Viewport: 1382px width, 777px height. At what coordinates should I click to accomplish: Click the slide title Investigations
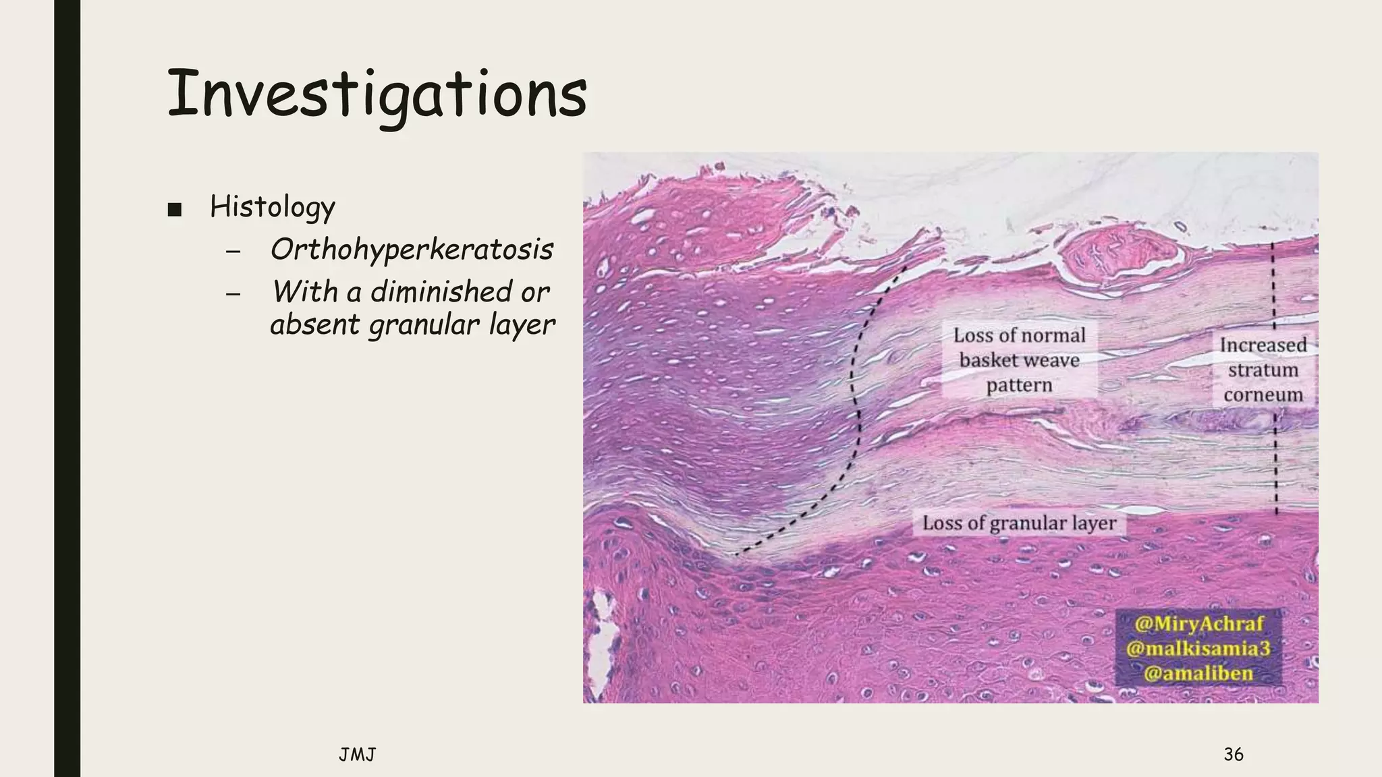(x=376, y=94)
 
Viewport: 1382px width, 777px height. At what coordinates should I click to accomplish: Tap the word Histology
(x=272, y=206)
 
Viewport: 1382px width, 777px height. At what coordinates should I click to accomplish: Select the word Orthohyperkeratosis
(x=412, y=250)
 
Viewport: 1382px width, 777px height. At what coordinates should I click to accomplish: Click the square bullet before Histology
(x=175, y=209)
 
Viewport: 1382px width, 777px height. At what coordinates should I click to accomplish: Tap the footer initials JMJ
(x=357, y=755)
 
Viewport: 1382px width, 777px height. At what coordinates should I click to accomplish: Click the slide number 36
(x=1233, y=754)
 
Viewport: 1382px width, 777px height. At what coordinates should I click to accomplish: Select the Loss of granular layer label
(x=1019, y=523)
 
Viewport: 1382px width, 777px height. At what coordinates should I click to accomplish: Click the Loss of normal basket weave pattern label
(x=1019, y=360)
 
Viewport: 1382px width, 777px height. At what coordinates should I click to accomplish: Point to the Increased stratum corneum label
(x=1263, y=370)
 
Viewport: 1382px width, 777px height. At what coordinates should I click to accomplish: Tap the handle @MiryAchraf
(x=1198, y=623)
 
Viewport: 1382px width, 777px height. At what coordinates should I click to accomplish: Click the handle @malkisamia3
(x=1198, y=648)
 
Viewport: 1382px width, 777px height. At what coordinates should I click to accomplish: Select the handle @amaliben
(x=1198, y=673)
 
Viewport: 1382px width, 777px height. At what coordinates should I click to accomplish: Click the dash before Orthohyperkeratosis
(x=233, y=252)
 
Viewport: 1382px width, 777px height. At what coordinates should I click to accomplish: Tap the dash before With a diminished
(x=233, y=294)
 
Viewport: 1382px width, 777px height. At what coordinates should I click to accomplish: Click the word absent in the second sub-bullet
(x=314, y=325)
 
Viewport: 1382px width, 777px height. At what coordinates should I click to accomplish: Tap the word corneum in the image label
(x=1263, y=395)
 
